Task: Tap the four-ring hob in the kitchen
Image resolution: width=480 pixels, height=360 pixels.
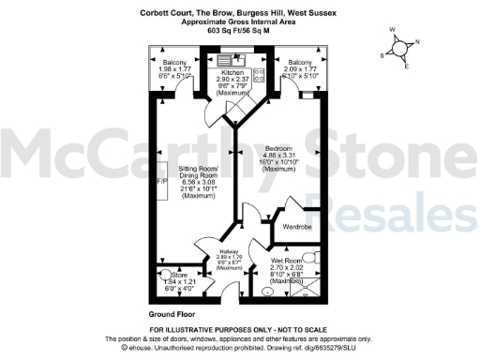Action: click(x=260, y=70)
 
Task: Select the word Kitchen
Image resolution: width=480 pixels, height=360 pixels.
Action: click(x=232, y=72)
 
